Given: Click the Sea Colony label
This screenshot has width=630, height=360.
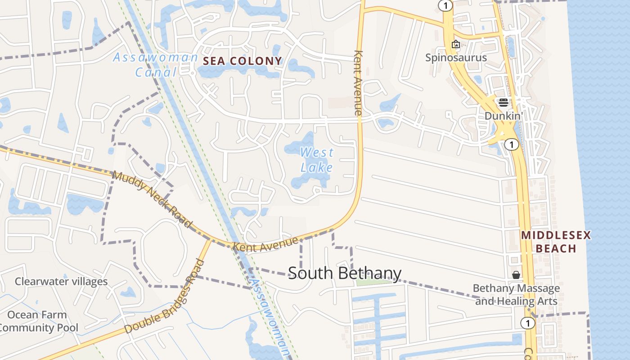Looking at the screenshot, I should pyautogui.click(x=243, y=61).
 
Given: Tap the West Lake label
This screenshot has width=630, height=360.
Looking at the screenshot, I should pyautogui.click(x=317, y=160).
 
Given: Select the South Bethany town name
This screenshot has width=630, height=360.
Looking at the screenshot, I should pyautogui.click(x=344, y=273).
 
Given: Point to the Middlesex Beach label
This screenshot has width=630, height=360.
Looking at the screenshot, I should pyautogui.click(x=556, y=242).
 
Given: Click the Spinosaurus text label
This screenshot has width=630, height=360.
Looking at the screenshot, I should pyautogui.click(x=456, y=58).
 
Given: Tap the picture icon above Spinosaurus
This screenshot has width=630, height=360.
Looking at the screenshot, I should pyautogui.click(x=455, y=44).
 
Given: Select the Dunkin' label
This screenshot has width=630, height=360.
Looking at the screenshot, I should pyautogui.click(x=502, y=116).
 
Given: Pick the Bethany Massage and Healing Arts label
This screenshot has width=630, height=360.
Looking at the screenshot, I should pyautogui.click(x=516, y=294).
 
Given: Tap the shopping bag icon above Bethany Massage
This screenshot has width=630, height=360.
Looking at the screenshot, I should pyautogui.click(x=516, y=274).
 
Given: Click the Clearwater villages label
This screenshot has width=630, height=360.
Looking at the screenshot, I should pyautogui.click(x=61, y=282).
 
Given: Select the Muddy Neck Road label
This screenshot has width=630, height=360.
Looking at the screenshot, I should pyautogui.click(x=152, y=198).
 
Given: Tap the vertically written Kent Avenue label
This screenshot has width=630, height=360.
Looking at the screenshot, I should pyautogui.click(x=358, y=83).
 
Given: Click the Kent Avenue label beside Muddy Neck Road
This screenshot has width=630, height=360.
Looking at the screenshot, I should pyautogui.click(x=265, y=243).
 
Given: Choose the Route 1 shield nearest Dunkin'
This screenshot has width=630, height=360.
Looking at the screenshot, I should pyautogui.click(x=511, y=144).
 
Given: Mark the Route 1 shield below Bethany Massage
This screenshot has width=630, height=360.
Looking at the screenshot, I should pyautogui.click(x=527, y=323).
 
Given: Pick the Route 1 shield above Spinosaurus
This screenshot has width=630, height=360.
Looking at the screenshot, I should pyautogui.click(x=445, y=5).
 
